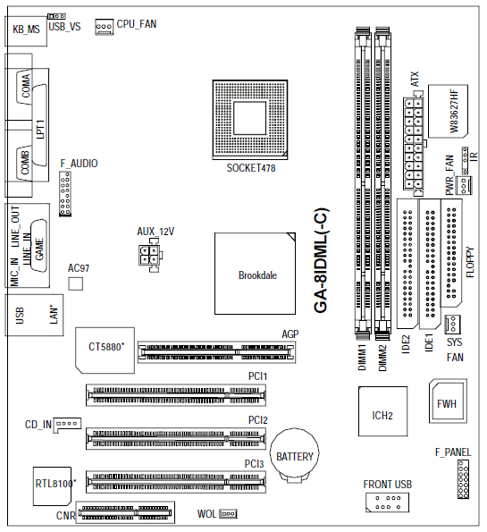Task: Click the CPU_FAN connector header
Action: click(105, 27)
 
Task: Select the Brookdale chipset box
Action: click(255, 274)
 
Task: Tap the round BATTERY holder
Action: click(294, 455)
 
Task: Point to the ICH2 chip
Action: click(382, 411)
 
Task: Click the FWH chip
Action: click(448, 401)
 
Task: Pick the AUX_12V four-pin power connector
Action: click(149, 255)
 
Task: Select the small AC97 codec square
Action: click(75, 283)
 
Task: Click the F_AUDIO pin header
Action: click(65, 193)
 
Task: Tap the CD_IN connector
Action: click(67, 425)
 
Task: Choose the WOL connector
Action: click(228, 514)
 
